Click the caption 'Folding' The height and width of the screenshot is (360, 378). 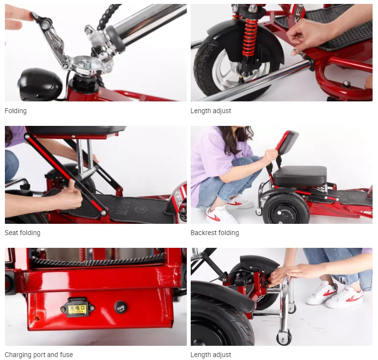point(16,111)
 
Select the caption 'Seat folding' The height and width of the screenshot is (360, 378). point(23,233)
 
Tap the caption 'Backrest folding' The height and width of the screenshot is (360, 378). point(215,233)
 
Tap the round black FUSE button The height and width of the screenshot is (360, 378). point(121,308)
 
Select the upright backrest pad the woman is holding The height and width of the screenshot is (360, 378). point(287,147)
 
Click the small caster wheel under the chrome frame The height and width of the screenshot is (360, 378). point(283,337)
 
